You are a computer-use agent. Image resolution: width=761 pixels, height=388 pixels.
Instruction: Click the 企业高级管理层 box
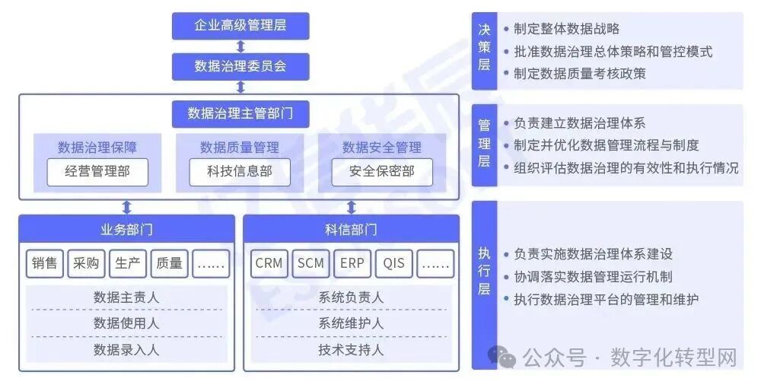[240, 26]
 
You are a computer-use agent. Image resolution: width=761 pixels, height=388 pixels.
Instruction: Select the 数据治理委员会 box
[240, 66]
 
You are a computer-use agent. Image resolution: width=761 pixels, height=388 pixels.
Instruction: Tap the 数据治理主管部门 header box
[240, 113]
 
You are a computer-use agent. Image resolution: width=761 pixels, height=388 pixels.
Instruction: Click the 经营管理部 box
[97, 172]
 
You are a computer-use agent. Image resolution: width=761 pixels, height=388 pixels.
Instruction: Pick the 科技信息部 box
[240, 172]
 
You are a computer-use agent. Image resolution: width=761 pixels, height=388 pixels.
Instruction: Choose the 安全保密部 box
[382, 172]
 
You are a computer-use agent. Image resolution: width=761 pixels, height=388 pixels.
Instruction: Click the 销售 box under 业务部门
[45, 264]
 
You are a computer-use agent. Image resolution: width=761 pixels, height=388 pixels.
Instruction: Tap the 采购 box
[86, 264]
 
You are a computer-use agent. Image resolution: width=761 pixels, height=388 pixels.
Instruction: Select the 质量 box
[169, 264]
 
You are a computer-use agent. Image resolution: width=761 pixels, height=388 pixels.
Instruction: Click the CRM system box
[269, 264]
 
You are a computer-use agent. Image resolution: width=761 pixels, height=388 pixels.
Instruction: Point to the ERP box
[352, 264]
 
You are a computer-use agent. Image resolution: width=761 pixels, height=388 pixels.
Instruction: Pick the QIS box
[394, 264]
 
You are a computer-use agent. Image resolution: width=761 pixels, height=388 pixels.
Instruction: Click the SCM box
[310, 264]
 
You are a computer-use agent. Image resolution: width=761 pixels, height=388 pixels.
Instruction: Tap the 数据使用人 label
[126, 323]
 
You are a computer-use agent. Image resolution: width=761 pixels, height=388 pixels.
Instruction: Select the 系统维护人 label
[351, 323]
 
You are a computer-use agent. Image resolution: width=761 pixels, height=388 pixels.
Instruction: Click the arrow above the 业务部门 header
[126, 207]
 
